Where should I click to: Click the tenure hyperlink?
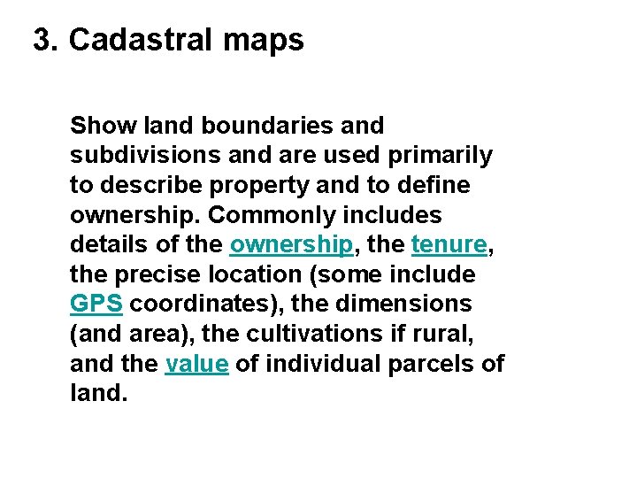(x=449, y=245)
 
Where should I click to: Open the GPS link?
(x=96, y=304)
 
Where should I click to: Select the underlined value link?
(x=196, y=363)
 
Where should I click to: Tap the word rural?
(x=463, y=334)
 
